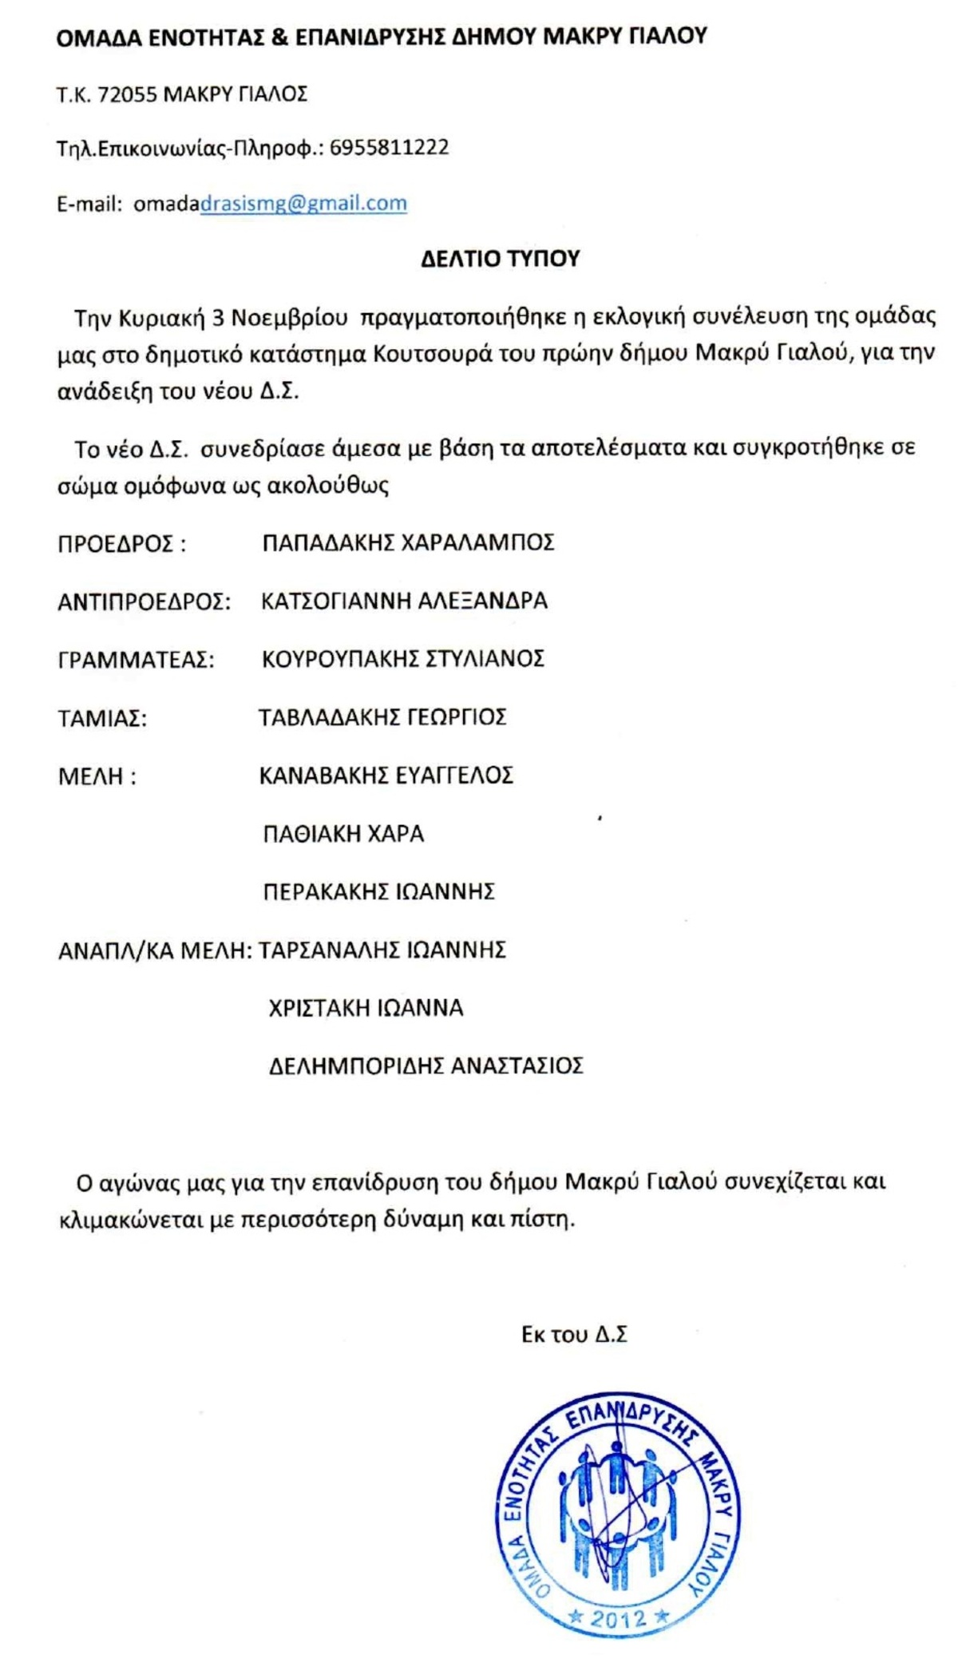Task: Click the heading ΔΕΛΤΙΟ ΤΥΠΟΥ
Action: click(500, 259)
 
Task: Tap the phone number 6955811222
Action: click(389, 148)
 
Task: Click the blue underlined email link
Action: click(303, 204)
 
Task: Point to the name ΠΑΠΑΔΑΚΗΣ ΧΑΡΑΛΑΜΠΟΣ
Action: click(408, 543)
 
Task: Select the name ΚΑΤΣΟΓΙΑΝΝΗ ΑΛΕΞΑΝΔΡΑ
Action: click(404, 601)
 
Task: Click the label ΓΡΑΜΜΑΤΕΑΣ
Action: click(137, 661)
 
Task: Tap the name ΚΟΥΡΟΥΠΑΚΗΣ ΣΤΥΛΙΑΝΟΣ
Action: click(403, 659)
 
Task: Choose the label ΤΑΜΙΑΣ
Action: click(102, 719)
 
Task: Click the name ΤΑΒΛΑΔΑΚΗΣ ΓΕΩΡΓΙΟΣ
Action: click(382, 717)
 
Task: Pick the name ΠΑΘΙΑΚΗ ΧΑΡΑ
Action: click(343, 834)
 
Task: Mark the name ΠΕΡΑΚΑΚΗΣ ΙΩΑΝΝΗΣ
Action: click(378, 891)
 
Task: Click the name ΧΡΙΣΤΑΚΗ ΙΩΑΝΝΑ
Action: click(366, 1008)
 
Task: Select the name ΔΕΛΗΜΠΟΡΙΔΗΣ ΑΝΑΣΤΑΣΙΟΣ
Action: click(426, 1066)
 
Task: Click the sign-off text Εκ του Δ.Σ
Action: click(574, 1335)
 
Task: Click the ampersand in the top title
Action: click(279, 37)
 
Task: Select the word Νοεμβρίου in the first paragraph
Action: click(290, 318)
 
